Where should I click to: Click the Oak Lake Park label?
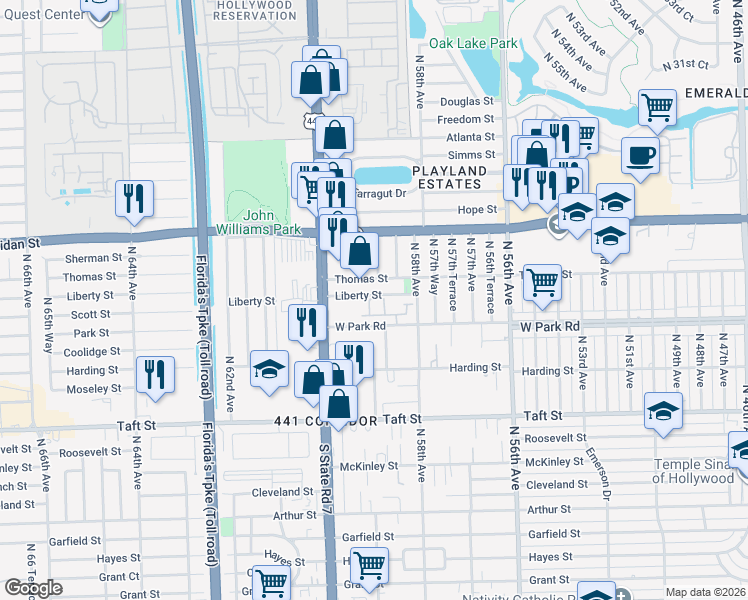474,44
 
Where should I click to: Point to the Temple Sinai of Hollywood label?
699,470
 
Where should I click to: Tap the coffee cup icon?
640,157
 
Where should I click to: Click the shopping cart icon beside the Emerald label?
657,106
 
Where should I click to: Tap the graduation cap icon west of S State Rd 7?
269,369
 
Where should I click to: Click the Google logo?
33,588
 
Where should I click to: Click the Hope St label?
477,209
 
